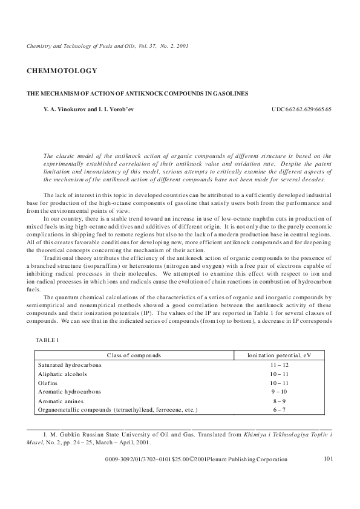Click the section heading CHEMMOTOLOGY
[x=62, y=71]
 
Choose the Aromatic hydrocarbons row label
[x=68, y=391]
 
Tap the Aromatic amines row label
[x=61, y=400]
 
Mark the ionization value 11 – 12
[x=279, y=366]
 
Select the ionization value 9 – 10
[x=279, y=391]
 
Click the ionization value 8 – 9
[x=279, y=400]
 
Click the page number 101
[x=329, y=459]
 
